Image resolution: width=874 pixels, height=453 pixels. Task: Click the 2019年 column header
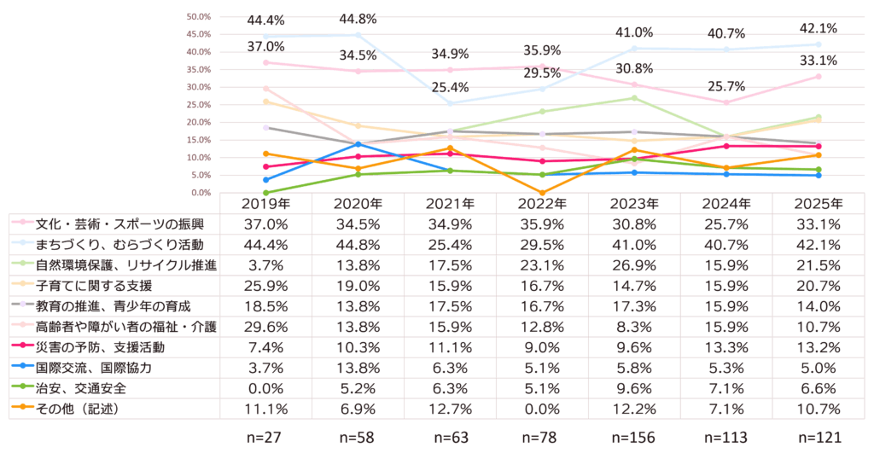265,205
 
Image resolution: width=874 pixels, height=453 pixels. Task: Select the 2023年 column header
634,205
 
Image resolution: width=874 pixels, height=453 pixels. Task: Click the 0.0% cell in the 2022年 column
542,409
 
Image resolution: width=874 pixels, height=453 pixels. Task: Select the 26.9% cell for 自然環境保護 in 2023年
634,266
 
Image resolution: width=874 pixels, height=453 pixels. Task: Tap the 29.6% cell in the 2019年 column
265,328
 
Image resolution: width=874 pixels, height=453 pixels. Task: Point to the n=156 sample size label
634,438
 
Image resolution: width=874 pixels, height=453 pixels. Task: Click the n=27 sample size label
265,438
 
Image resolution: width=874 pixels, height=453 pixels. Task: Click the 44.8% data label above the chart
358,19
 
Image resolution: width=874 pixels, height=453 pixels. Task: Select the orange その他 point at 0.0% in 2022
542,193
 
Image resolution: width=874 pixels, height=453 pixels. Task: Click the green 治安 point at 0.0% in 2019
266,193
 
